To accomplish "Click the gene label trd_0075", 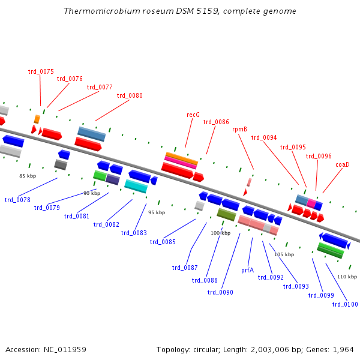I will click(41, 71).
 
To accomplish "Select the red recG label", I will click(193, 115).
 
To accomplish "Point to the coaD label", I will click(342, 164).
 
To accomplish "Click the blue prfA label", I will click(247, 271).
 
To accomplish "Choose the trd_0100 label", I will click(345, 304).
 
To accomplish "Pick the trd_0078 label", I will click(17, 200).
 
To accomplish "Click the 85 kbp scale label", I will click(28, 176).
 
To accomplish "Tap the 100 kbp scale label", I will click(220, 232).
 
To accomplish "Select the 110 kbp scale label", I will click(347, 277).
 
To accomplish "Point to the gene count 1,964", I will click(343, 349).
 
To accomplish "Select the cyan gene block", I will click(136, 187).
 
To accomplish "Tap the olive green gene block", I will click(226, 214).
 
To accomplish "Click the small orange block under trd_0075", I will click(37, 119).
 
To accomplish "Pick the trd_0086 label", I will click(216, 122).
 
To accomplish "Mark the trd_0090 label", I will click(220, 292).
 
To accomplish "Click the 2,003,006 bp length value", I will click(263, 349).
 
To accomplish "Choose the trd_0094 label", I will click(264, 137).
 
